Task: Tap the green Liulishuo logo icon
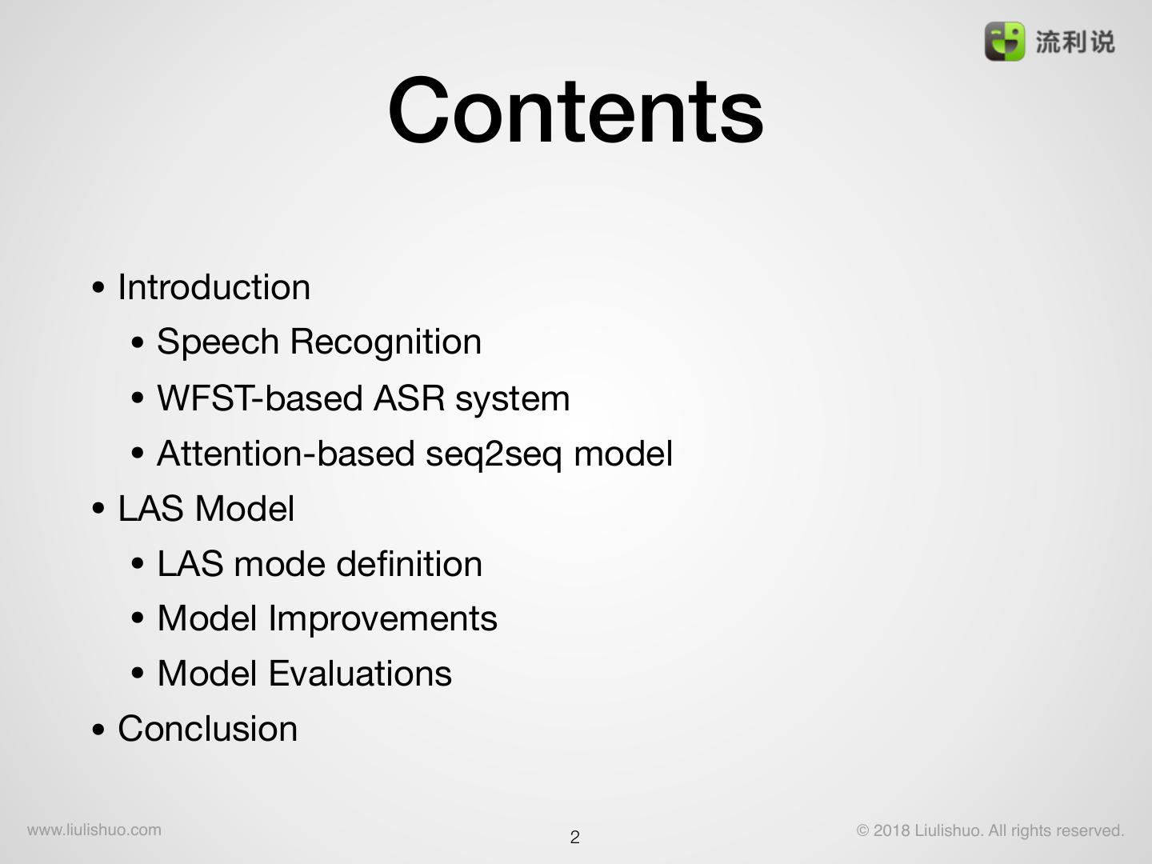(1004, 42)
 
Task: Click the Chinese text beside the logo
(1074, 42)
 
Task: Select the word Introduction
(214, 287)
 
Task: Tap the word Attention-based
(285, 454)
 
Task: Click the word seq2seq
(494, 454)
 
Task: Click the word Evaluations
(360, 674)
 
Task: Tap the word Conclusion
(207, 729)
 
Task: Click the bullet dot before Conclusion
(98, 730)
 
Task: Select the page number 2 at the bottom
(574, 838)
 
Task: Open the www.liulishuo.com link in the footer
(94, 830)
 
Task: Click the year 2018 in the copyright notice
(891, 830)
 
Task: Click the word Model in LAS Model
(245, 509)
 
